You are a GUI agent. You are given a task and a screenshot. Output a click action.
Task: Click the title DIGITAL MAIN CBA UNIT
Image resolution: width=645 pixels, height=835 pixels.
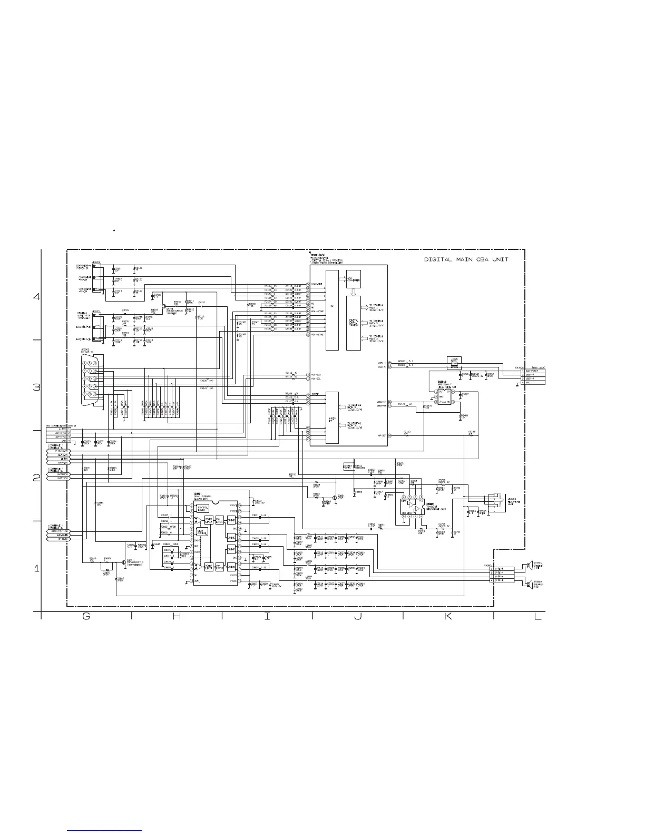[x=466, y=259]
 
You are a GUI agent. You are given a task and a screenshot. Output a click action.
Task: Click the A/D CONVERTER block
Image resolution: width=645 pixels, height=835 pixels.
[x=353, y=279]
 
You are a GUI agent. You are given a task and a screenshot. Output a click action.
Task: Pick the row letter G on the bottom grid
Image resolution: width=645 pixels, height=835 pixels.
[x=86, y=618]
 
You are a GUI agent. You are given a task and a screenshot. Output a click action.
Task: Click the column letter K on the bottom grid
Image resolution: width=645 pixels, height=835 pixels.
[x=448, y=618]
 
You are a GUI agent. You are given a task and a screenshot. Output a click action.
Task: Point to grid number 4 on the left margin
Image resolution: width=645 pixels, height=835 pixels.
[x=36, y=297]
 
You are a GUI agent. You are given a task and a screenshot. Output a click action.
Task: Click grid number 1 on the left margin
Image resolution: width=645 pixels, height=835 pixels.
[x=36, y=569]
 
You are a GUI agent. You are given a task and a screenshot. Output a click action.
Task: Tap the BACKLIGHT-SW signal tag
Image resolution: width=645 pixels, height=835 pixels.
[x=59, y=531]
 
